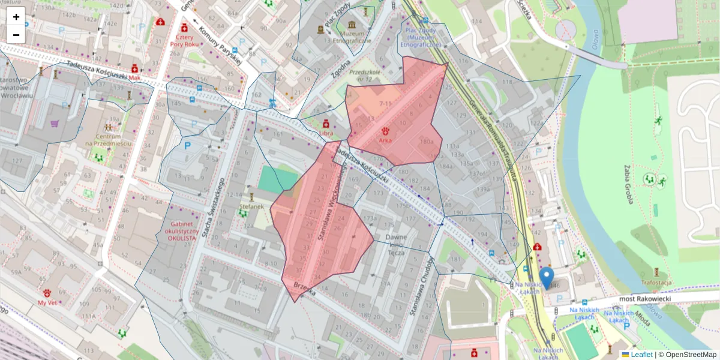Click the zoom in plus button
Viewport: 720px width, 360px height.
pos(16,17)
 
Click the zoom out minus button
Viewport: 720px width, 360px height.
pos(16,35)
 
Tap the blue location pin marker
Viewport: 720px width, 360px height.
pos(546,278)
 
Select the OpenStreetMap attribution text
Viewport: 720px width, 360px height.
pos(689,355)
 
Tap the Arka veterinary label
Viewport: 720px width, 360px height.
pos(385,140)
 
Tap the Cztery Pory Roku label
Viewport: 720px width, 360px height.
pos(184,40)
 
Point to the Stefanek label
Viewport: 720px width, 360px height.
pos(251,207)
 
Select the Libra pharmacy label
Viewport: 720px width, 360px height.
pos(326,132)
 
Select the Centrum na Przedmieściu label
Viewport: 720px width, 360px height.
pos(108,139)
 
